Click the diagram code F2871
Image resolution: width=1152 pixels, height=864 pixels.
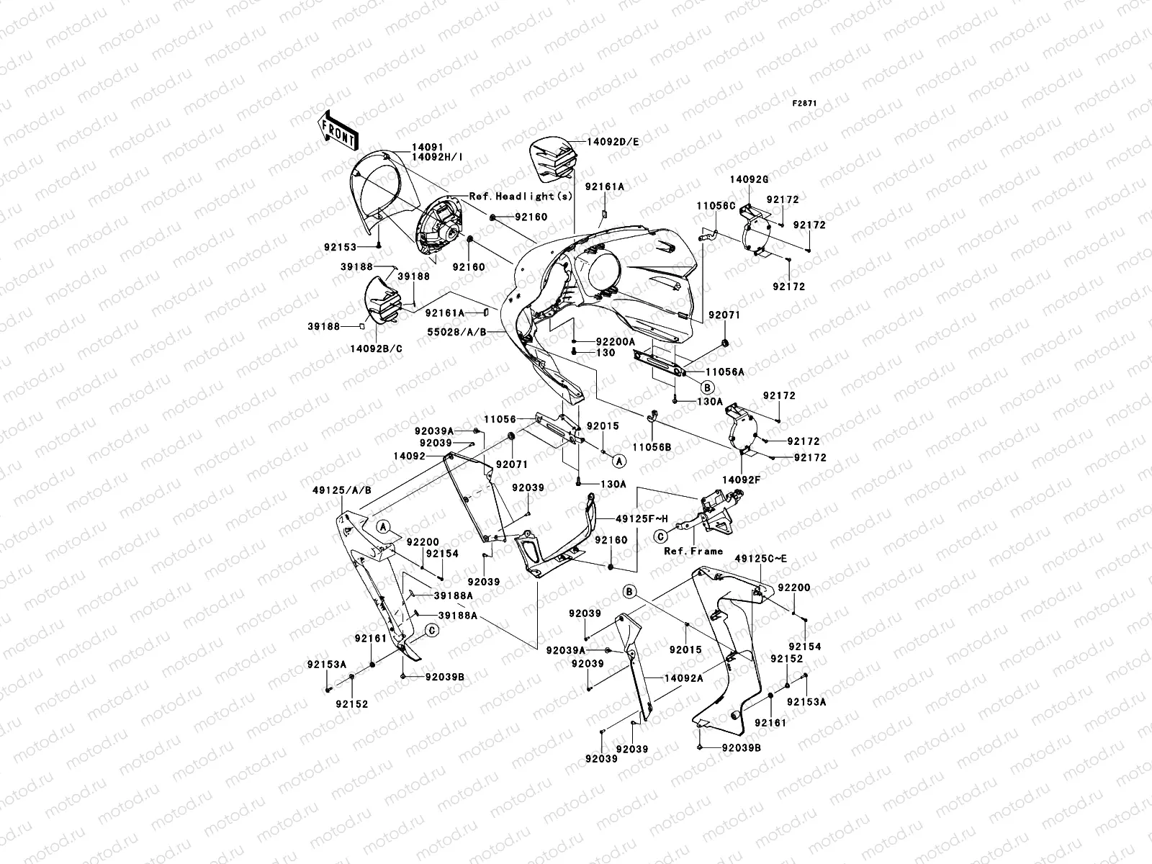click(x=805, y=104)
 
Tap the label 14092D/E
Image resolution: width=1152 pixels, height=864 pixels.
click(x=613, y=142)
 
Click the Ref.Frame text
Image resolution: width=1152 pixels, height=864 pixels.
click(x=693, y=551)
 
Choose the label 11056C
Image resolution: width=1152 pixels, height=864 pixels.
click(x=716, y=205)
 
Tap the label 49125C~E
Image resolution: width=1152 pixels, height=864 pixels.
click(x=761, y=558)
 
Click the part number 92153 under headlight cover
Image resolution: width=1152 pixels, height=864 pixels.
click(x=340, y=247)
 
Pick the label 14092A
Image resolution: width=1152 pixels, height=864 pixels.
click(x=684, y=678)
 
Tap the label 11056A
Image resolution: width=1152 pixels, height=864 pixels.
click(x=724, y=372)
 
